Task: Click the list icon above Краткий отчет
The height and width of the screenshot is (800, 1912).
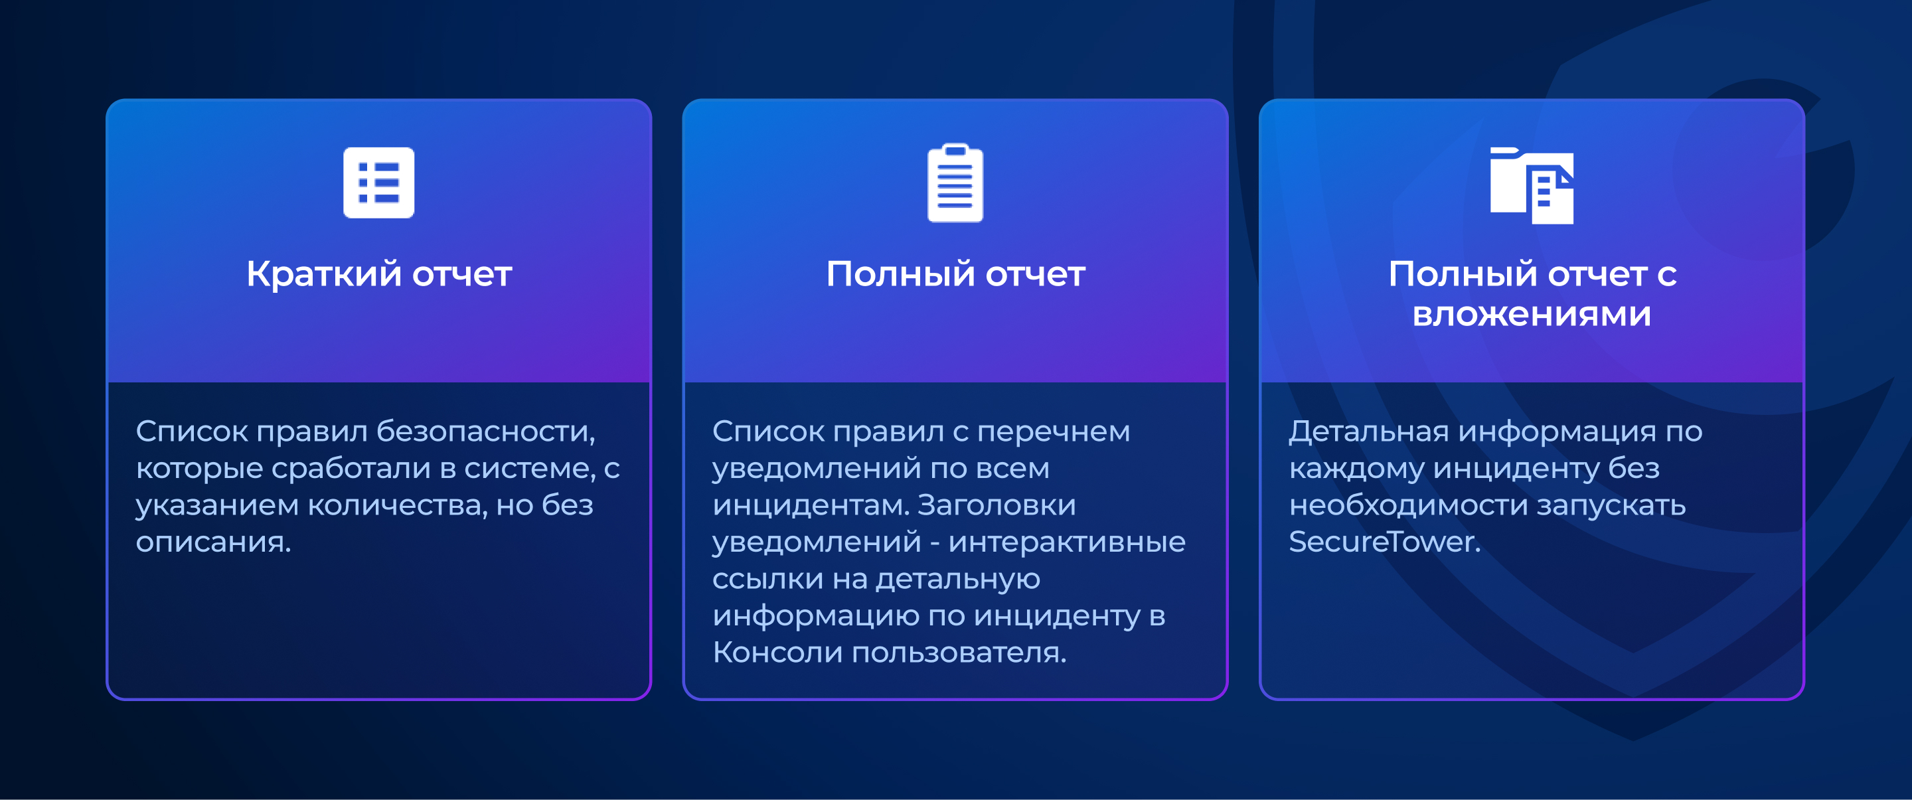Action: coord(378,183)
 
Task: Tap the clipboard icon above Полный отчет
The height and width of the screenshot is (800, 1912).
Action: coord(955,183)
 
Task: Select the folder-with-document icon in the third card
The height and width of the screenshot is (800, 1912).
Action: coord(1531,185)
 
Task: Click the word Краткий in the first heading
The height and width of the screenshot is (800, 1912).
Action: coord(323,274)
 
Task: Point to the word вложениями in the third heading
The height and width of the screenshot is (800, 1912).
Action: coord(1531,314)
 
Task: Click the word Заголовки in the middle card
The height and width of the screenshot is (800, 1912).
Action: coord(996,505)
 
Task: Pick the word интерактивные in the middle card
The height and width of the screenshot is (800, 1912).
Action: coord(1067,542)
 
